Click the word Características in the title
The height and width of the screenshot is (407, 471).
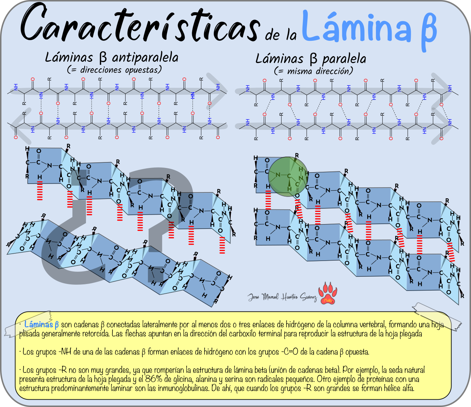[139, 24]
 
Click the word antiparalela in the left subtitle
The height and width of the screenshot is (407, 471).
[145, 57]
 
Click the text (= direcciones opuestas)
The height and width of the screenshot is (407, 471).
[115, 70]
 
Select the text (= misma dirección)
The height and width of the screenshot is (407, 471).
[313, 71]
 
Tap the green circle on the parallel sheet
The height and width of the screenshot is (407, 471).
[288, 176]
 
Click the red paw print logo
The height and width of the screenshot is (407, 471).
[328, 293]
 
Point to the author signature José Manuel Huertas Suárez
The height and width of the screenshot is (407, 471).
[282, 297]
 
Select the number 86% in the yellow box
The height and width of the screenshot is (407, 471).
[154, 379]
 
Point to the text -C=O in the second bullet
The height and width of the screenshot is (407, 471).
[289, 352]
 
